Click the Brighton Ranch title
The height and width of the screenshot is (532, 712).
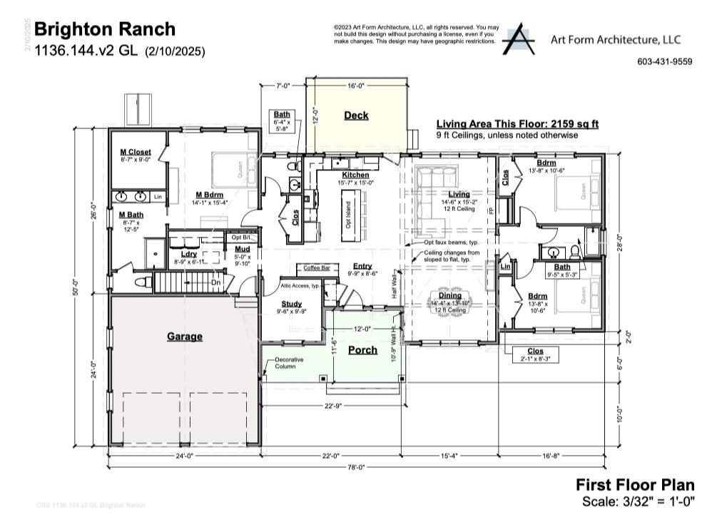104,29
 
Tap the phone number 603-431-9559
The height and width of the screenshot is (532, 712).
664,62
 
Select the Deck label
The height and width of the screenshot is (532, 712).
356,116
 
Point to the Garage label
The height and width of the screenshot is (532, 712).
185,337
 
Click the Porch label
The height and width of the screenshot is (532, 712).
362,350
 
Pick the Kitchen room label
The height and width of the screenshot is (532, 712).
355,175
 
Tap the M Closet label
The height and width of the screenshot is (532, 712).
135,152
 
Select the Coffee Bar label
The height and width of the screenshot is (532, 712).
317,268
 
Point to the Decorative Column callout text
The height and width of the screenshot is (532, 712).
289,363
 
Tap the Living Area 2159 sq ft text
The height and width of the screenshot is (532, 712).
517,124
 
